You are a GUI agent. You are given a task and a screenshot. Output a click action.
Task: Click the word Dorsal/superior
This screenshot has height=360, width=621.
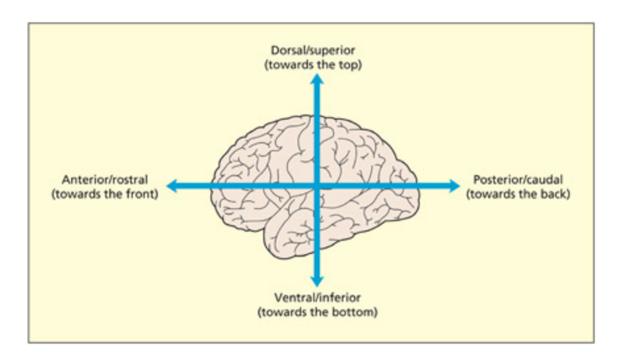coord(316,51)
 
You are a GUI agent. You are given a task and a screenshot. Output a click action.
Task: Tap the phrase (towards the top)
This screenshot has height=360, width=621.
coord(316,65)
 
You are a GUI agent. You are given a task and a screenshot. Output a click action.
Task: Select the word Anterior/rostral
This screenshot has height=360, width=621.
coord(105,179)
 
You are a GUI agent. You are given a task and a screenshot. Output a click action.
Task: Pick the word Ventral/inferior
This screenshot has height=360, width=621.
coord(318,297)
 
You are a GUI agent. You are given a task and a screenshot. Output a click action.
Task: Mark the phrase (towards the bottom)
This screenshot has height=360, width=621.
coord(318,311)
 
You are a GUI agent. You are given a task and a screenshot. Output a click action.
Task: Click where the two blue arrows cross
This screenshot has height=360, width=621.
coord(317,186)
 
